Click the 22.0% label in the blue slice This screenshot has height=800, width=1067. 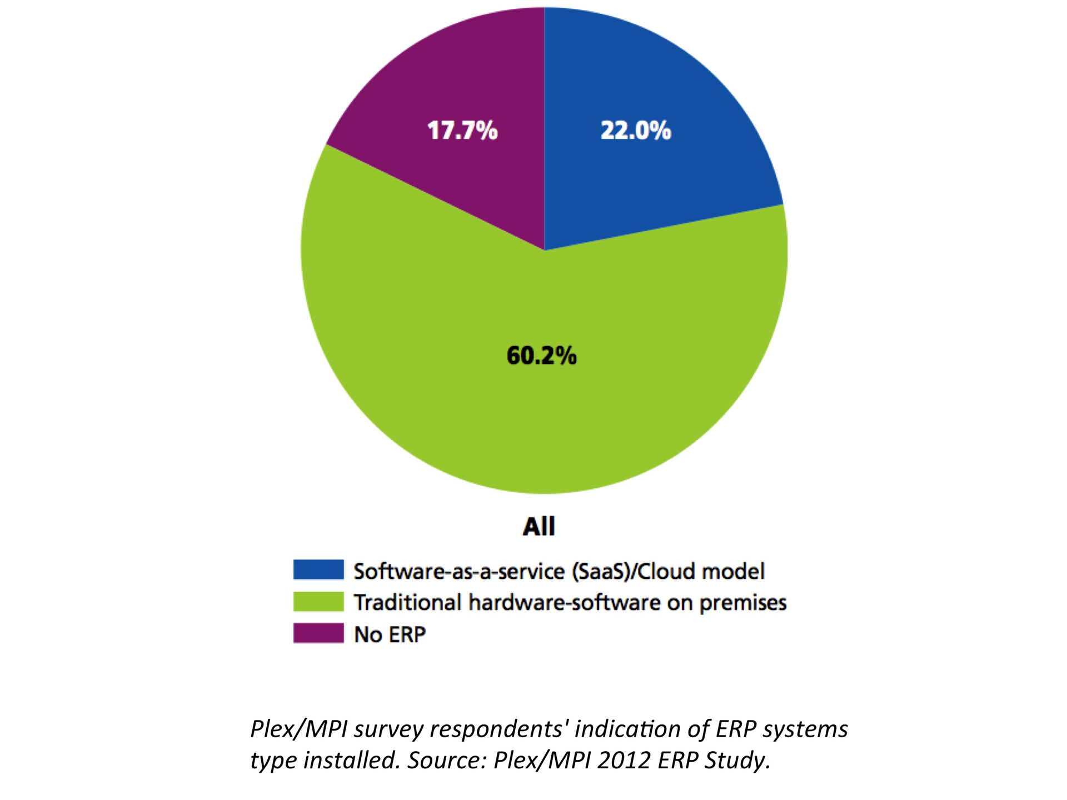[x=636, y=131]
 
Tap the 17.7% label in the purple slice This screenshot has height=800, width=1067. [x=462, y=131]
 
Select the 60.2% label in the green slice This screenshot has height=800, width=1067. [x=541, y=356]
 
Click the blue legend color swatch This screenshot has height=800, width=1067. [x=318, y=570]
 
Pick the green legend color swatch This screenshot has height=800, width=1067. [x=318, y=602]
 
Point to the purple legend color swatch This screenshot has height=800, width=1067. [x=318, y=633]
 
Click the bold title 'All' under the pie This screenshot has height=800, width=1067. [x=539, y=526]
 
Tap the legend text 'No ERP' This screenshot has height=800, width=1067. [x=390, y=634]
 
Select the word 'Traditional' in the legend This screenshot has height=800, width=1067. [x=407, y=603]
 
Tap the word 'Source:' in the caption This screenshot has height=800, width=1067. [x=447, y=760]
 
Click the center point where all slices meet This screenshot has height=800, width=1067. [x=544, y=250]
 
